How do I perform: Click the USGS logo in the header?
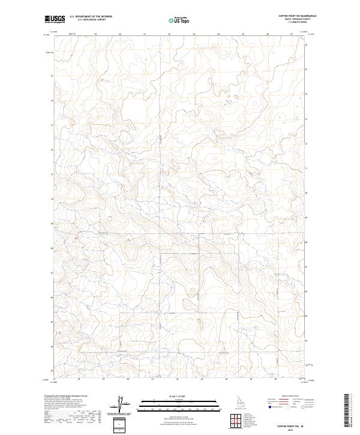click(55, 19)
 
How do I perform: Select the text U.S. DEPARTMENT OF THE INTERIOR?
click(91, 17)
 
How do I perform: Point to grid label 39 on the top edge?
click(95, 34)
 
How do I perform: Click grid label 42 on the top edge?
click(169, 34)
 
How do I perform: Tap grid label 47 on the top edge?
click(292, 34)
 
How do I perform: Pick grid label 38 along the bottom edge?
click(79, 379)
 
